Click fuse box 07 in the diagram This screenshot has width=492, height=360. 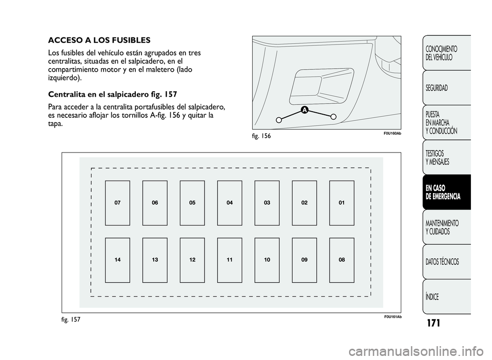[x=117, y=203]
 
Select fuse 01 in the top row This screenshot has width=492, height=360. [x=342, y=203]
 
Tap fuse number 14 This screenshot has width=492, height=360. [x=117, y=260]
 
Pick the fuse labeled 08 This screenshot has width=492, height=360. [x=342, y=260]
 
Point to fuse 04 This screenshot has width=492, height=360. [x=230, y=203]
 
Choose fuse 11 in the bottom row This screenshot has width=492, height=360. [x=230, y=260]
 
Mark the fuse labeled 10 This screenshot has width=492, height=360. [x=267, y=260]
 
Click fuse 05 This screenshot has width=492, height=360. [x=192, y=203]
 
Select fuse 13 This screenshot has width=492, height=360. [x=155, y=260]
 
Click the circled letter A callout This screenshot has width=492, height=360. [x=304, y=110]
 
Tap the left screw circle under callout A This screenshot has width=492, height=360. [x=278, y=120]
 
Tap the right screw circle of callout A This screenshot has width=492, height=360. [x=334, y=116]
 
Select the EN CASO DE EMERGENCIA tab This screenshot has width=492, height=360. [x=446, y=192]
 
